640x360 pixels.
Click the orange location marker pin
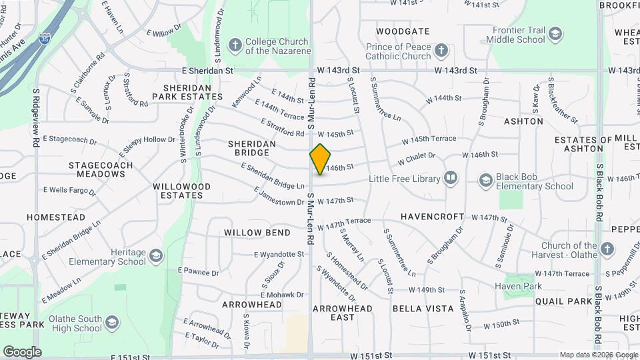[320, 159]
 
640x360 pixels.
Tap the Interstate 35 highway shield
[45, 39]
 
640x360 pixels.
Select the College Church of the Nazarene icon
[235, 45]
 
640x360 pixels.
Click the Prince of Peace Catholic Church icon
[441, 51]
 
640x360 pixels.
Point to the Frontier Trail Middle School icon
[555, 34]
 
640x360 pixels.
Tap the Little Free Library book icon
[451, 179]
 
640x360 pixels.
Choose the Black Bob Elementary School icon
[486, 181]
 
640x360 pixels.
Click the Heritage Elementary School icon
[155, 257]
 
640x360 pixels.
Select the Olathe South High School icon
[111, 323]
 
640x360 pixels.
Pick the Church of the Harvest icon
[607, 249]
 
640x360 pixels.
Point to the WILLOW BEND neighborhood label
[257, 233]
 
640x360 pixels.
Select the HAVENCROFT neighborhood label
[433, 217]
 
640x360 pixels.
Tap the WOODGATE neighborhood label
[402, 31]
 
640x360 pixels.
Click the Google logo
[22, 351]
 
